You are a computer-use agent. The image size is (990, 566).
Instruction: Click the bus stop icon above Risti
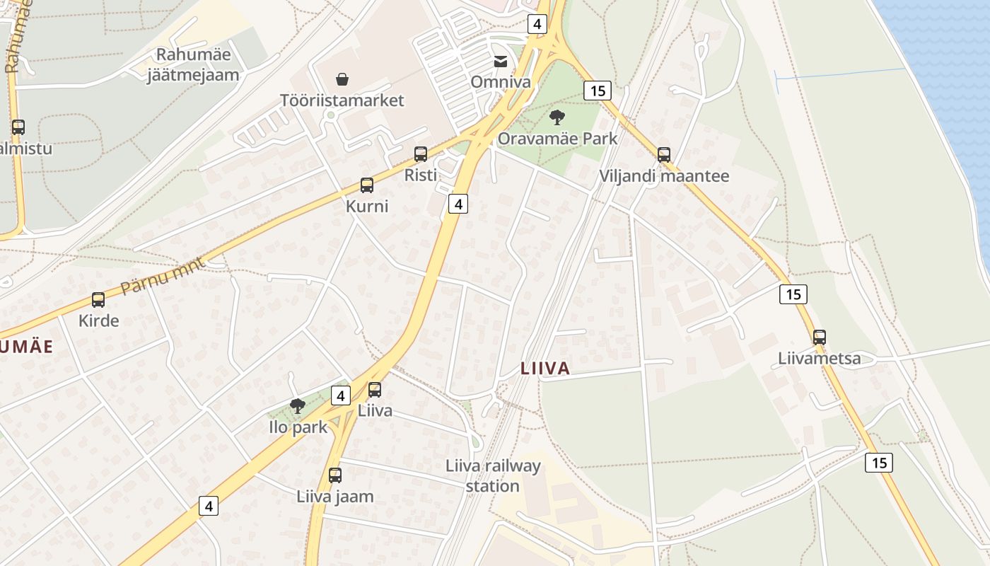tap(421, 154)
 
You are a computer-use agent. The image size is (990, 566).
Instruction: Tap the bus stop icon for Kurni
tap(367, 185)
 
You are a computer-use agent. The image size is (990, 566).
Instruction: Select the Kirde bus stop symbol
tap(98, 300)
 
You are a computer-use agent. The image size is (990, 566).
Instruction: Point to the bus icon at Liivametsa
tap(820, 337)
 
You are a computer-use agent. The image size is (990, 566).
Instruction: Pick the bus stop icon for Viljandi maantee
tap(664, 154)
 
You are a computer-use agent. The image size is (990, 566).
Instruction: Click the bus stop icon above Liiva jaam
tap(335, 475)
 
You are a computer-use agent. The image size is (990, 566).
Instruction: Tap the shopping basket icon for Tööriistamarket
tap(342, 79)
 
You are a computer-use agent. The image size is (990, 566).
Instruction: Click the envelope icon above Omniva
tap(501, 62)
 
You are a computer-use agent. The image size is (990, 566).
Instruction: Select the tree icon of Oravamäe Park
tap(557, 117)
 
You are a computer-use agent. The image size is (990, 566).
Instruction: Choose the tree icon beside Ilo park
tap(298, 406)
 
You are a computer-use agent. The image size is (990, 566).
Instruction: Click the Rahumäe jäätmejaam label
tap(193, 64)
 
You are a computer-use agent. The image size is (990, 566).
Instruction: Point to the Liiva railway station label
tap(493, 476)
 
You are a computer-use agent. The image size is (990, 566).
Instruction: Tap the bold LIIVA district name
tap(545, 369)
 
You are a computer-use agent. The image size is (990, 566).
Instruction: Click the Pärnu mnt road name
tap(162, 277)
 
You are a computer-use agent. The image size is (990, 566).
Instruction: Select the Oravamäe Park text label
tap(557, 138)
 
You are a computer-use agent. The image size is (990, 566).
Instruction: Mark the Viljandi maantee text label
tap(664, 176)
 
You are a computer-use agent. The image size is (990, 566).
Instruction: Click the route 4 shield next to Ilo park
tap(341, 395)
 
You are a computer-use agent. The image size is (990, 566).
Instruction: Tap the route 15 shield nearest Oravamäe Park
tap(598, 91)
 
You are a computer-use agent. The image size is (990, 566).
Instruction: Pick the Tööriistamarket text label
tap(342, 100)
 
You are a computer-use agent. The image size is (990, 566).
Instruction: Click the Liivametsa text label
tap(820, 359)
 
